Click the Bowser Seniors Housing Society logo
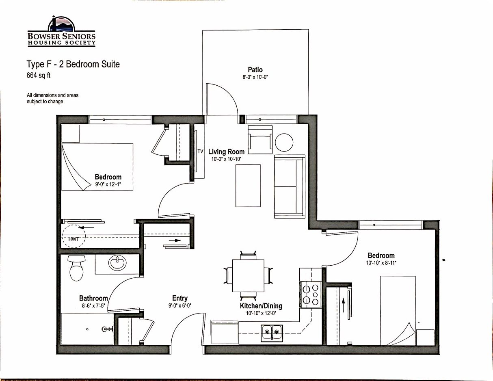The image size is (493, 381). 61,31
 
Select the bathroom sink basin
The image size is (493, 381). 117,263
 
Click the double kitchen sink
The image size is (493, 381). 272,333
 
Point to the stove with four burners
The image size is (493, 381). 311,295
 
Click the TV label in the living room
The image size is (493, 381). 200,152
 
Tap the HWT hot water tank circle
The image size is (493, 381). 74,236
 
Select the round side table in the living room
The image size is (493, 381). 284,143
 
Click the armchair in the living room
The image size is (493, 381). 260,140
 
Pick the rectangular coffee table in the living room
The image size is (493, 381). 248,186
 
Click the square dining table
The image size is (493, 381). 248,276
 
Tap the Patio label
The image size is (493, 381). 255,70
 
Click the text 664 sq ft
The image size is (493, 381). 38,75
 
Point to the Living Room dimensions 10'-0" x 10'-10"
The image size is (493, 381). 227,159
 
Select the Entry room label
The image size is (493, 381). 180,298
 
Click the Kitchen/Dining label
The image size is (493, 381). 261,306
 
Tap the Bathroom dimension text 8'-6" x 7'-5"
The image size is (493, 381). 93,306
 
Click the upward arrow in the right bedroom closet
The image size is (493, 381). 344,305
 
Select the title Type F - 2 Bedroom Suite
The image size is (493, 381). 73,64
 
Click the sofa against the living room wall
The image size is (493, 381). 290,186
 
